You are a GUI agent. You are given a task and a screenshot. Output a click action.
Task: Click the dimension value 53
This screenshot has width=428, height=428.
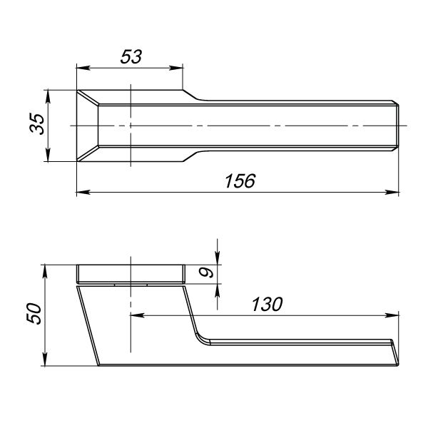point(131,56)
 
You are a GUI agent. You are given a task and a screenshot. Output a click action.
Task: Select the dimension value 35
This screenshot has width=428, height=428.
point(37,124)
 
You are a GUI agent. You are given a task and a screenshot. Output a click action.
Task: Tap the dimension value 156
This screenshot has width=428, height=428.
point(240,180)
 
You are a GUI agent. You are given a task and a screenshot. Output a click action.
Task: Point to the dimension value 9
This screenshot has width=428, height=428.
point(206,272)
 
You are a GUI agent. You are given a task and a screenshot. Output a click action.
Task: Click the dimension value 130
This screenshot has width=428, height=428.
point(267,304)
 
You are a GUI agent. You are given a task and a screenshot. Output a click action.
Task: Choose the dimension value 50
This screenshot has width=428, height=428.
point(34,314)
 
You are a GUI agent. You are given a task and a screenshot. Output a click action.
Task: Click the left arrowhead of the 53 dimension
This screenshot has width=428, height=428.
point(83,68)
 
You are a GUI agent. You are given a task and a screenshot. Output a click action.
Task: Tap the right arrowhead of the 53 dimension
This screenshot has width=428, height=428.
point(176,68)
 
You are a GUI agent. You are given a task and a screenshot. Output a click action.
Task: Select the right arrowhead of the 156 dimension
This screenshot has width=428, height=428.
point(392,192)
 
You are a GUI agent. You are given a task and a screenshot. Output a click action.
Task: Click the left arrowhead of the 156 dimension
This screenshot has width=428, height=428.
point(83,192)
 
